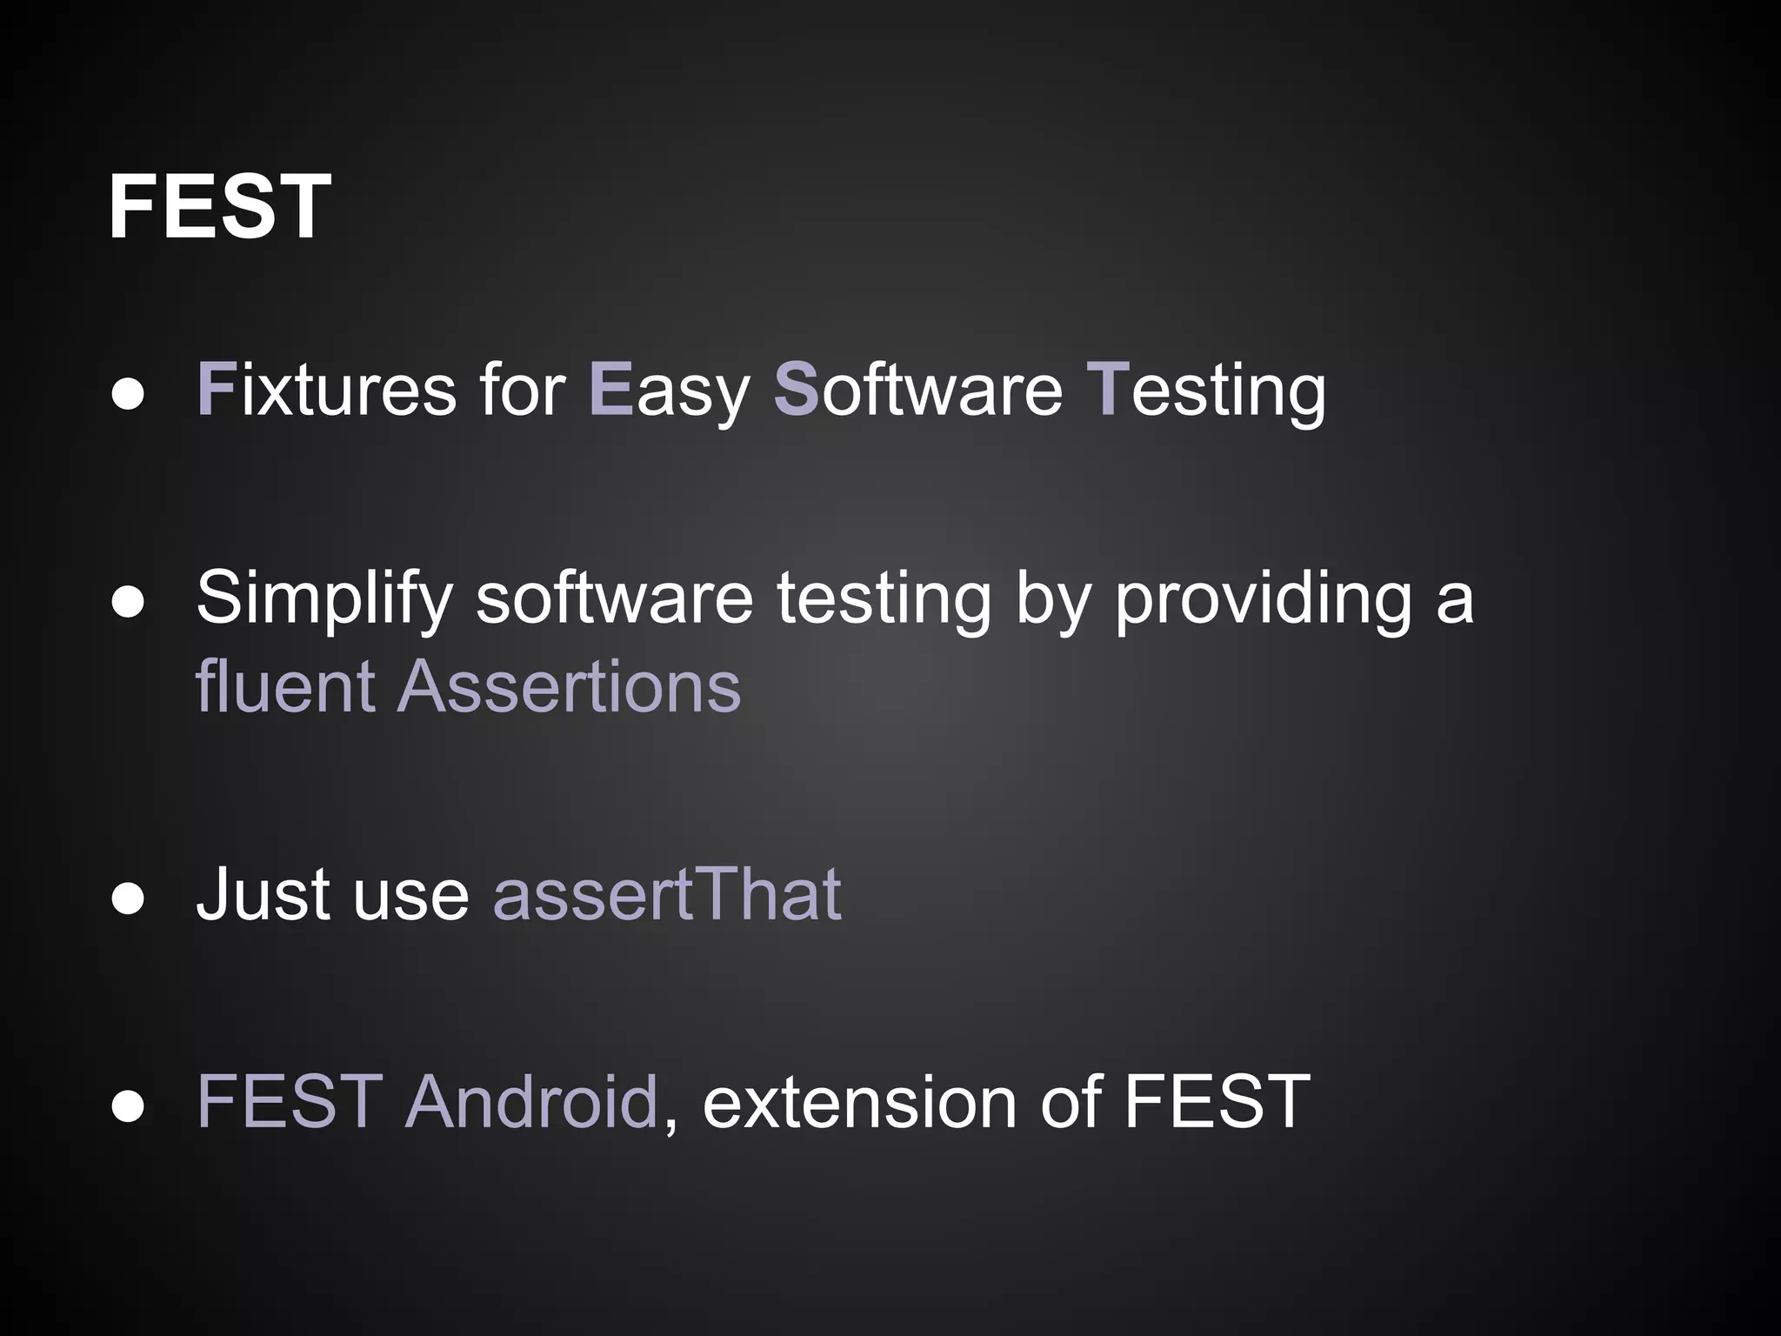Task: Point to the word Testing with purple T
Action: coord(1206,391)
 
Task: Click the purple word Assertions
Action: coord(569,686)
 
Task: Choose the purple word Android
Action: coord(530,1102)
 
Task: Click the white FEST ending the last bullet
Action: coord(1217,1102)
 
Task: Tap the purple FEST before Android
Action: coord(290,1102)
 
